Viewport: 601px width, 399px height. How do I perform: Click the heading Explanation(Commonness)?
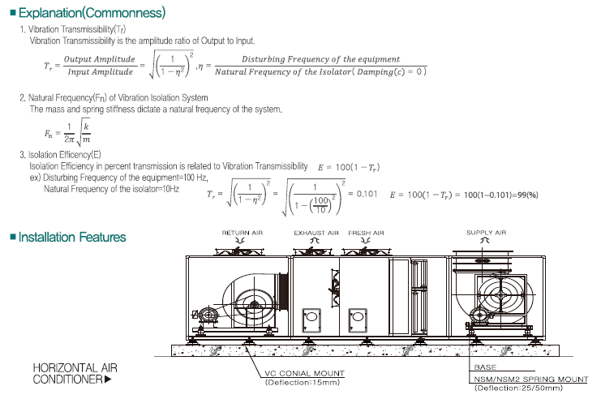(92, 13)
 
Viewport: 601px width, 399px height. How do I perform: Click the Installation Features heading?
(72, 238)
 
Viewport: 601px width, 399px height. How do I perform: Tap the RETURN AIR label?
(243, 233)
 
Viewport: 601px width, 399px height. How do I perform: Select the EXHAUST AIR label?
(316, 233)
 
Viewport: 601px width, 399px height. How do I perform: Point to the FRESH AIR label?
(366, 233)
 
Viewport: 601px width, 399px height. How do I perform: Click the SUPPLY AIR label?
(486, 232)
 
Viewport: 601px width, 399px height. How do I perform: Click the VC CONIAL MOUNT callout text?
(304, 373)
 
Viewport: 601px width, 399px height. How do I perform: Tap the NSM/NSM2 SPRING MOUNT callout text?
(531, 379)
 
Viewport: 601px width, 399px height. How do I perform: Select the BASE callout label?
(485, 367)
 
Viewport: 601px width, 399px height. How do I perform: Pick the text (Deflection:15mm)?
(303, 382)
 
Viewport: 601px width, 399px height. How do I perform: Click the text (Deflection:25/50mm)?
(518, 388)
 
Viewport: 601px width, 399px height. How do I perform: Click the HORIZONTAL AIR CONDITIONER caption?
(75, 374)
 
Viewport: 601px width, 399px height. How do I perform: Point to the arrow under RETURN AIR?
(240, 240)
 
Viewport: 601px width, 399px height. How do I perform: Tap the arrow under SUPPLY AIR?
(485, 240)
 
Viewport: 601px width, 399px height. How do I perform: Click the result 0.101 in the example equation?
(367, 194)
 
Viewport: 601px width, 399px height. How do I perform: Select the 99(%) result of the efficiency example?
(528, 195)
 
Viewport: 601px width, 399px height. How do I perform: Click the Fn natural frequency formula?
(67, 133)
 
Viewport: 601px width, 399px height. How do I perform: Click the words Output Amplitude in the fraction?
(99, 59)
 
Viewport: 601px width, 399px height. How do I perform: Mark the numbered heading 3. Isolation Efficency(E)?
(60, 155)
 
